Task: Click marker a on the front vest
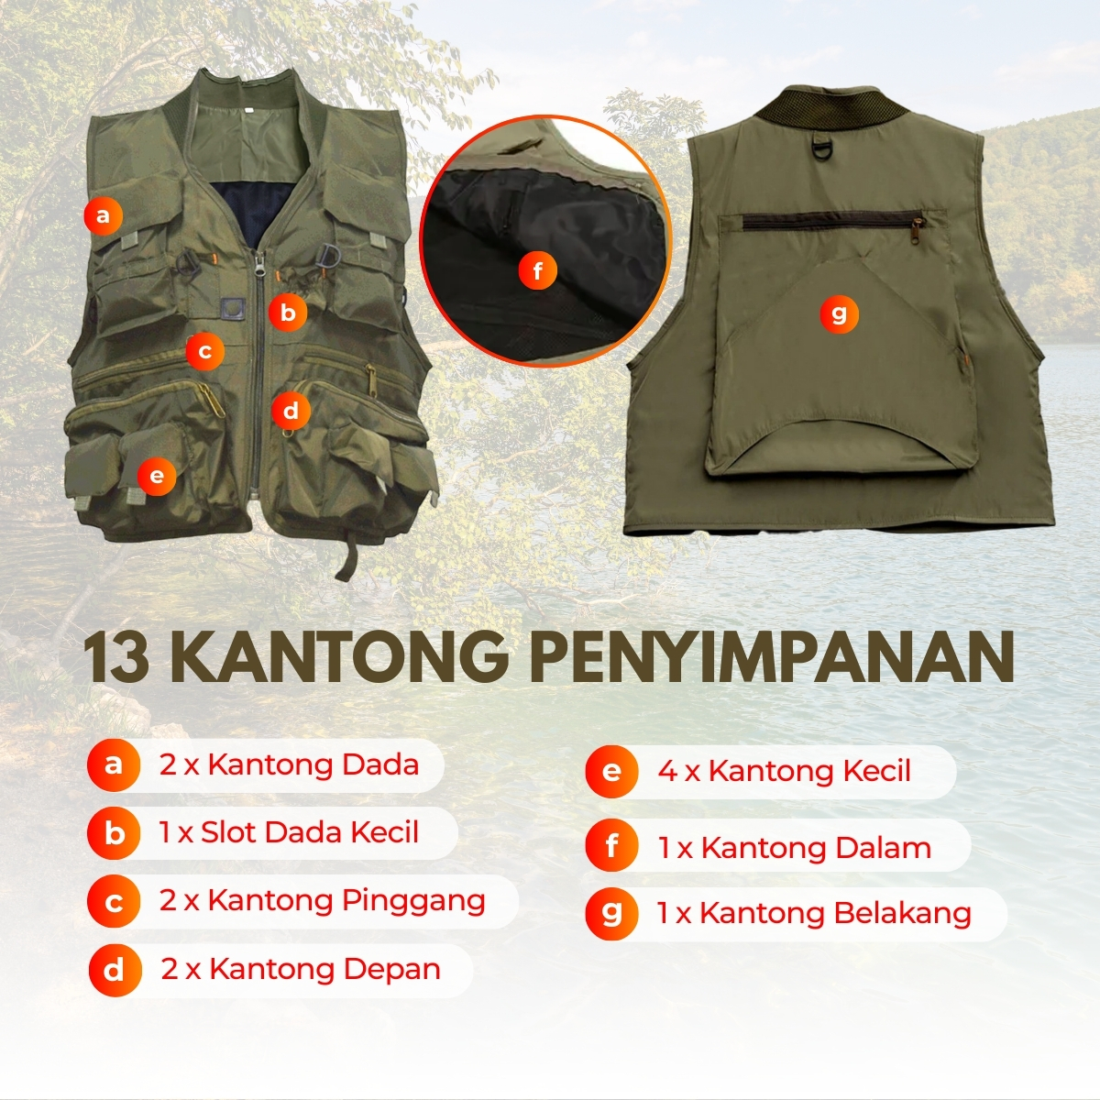pos(103,215)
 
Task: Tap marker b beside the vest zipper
pos(288,313)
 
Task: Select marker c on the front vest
pos(205,351)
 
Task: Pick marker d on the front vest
pos(291,411)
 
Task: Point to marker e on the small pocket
pos(157,476)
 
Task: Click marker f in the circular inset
pos(538,270)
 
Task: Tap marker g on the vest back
pos(839,314)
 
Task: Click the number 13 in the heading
pos(117,657)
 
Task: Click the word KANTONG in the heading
pos(336,657)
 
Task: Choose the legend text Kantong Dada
pos(313,764)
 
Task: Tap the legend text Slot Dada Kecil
pos(310,832)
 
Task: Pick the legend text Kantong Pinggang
pos(346,902)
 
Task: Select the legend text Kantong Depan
pos(324,969)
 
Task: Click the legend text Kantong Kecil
pos(809,771)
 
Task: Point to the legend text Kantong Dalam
pos(817,848)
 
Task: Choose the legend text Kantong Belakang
pos(836,913)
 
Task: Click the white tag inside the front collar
pos(247,108)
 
